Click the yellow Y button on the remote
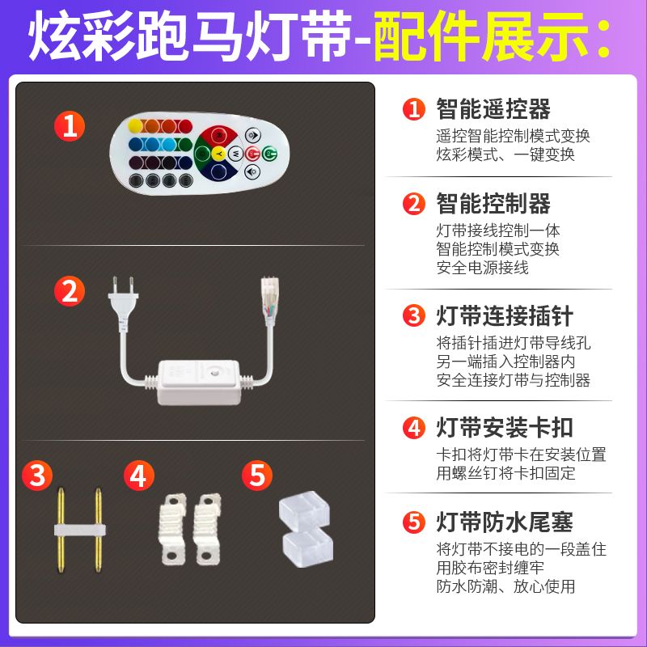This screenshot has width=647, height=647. coord(218,154)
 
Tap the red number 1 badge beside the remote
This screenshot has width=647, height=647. coord(70,126)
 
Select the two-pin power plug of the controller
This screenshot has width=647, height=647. coord(123,304)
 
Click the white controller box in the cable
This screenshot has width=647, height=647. coord(199,383)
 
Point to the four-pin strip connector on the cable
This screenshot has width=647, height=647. coord(270,297)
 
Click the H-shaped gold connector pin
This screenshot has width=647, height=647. coord(79,530)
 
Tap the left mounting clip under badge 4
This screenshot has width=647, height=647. coord(172,530)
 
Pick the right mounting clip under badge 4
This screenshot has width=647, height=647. coord(207,530)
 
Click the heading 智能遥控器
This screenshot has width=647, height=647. coord(493,109)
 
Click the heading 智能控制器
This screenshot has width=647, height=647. coord(493,204)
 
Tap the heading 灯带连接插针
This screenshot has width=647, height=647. coord(505,316)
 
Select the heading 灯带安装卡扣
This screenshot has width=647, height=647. coord(505,428)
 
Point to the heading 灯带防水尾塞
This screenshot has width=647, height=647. coord(505,522)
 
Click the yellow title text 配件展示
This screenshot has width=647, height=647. coord(481,36)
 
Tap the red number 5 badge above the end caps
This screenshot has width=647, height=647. coord(257,476)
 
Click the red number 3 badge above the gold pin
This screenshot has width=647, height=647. coord(37,476)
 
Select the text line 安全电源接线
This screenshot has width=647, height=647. coord(482,268)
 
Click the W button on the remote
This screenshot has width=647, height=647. coord(235,154)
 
